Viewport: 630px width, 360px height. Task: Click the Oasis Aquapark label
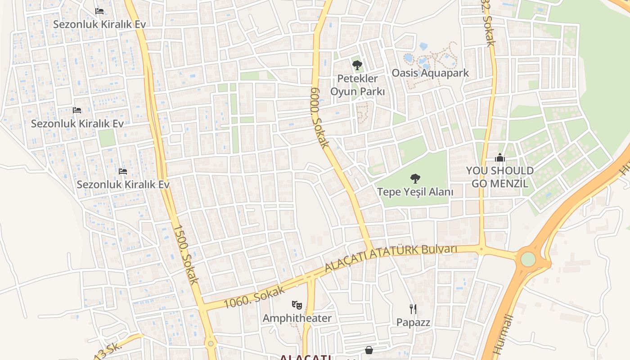pos(430,73)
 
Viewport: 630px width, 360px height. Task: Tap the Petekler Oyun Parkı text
pos(357,85)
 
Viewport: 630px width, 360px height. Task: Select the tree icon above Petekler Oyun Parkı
pos(357,66)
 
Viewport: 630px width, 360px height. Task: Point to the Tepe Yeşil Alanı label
pos(415,192)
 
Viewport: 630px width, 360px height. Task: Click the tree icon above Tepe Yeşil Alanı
pos(415,179)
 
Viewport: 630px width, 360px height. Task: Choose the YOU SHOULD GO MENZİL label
pos(499,177)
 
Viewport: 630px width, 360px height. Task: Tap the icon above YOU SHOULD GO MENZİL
pos(499,158)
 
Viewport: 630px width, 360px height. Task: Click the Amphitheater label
pos(297,318)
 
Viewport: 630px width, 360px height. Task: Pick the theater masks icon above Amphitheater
pos(297,305)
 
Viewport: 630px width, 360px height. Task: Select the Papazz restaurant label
pos(413,322)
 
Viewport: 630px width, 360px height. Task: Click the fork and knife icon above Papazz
pos(413,309)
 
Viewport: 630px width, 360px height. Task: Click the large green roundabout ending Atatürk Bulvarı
pos(528,259)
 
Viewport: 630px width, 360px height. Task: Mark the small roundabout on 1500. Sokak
pos(211,344)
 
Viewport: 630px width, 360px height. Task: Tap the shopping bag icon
pos(369,350)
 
